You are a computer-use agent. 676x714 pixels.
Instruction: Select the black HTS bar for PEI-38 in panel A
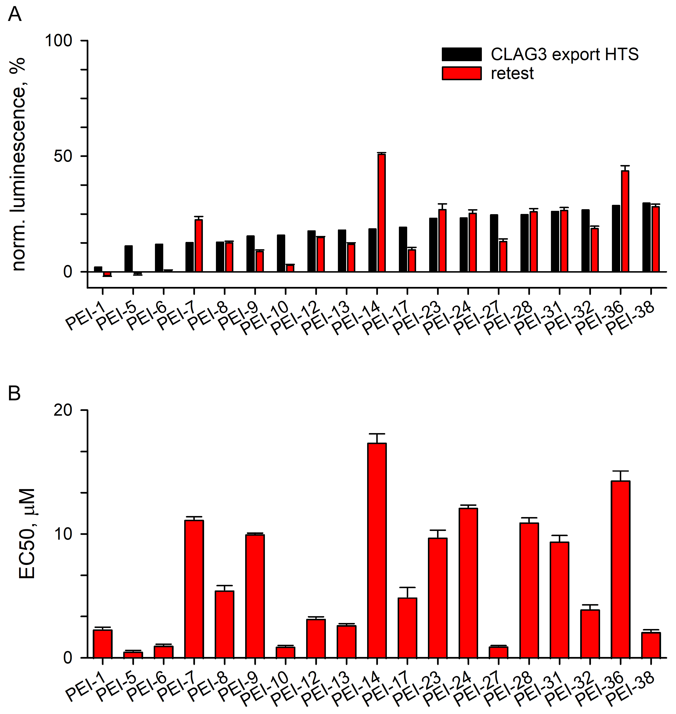pos(647,237)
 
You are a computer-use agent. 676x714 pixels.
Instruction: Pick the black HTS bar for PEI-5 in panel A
pos(128,259)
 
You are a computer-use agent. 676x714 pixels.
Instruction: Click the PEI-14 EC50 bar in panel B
pos(377,551)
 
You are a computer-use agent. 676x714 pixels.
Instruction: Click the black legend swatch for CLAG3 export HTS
pos(462,54)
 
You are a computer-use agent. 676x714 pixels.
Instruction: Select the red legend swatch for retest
pos(462,73)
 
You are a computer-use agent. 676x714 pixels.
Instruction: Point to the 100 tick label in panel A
pos(58,40)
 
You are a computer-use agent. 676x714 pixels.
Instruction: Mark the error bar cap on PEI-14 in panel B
pos(377,434)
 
